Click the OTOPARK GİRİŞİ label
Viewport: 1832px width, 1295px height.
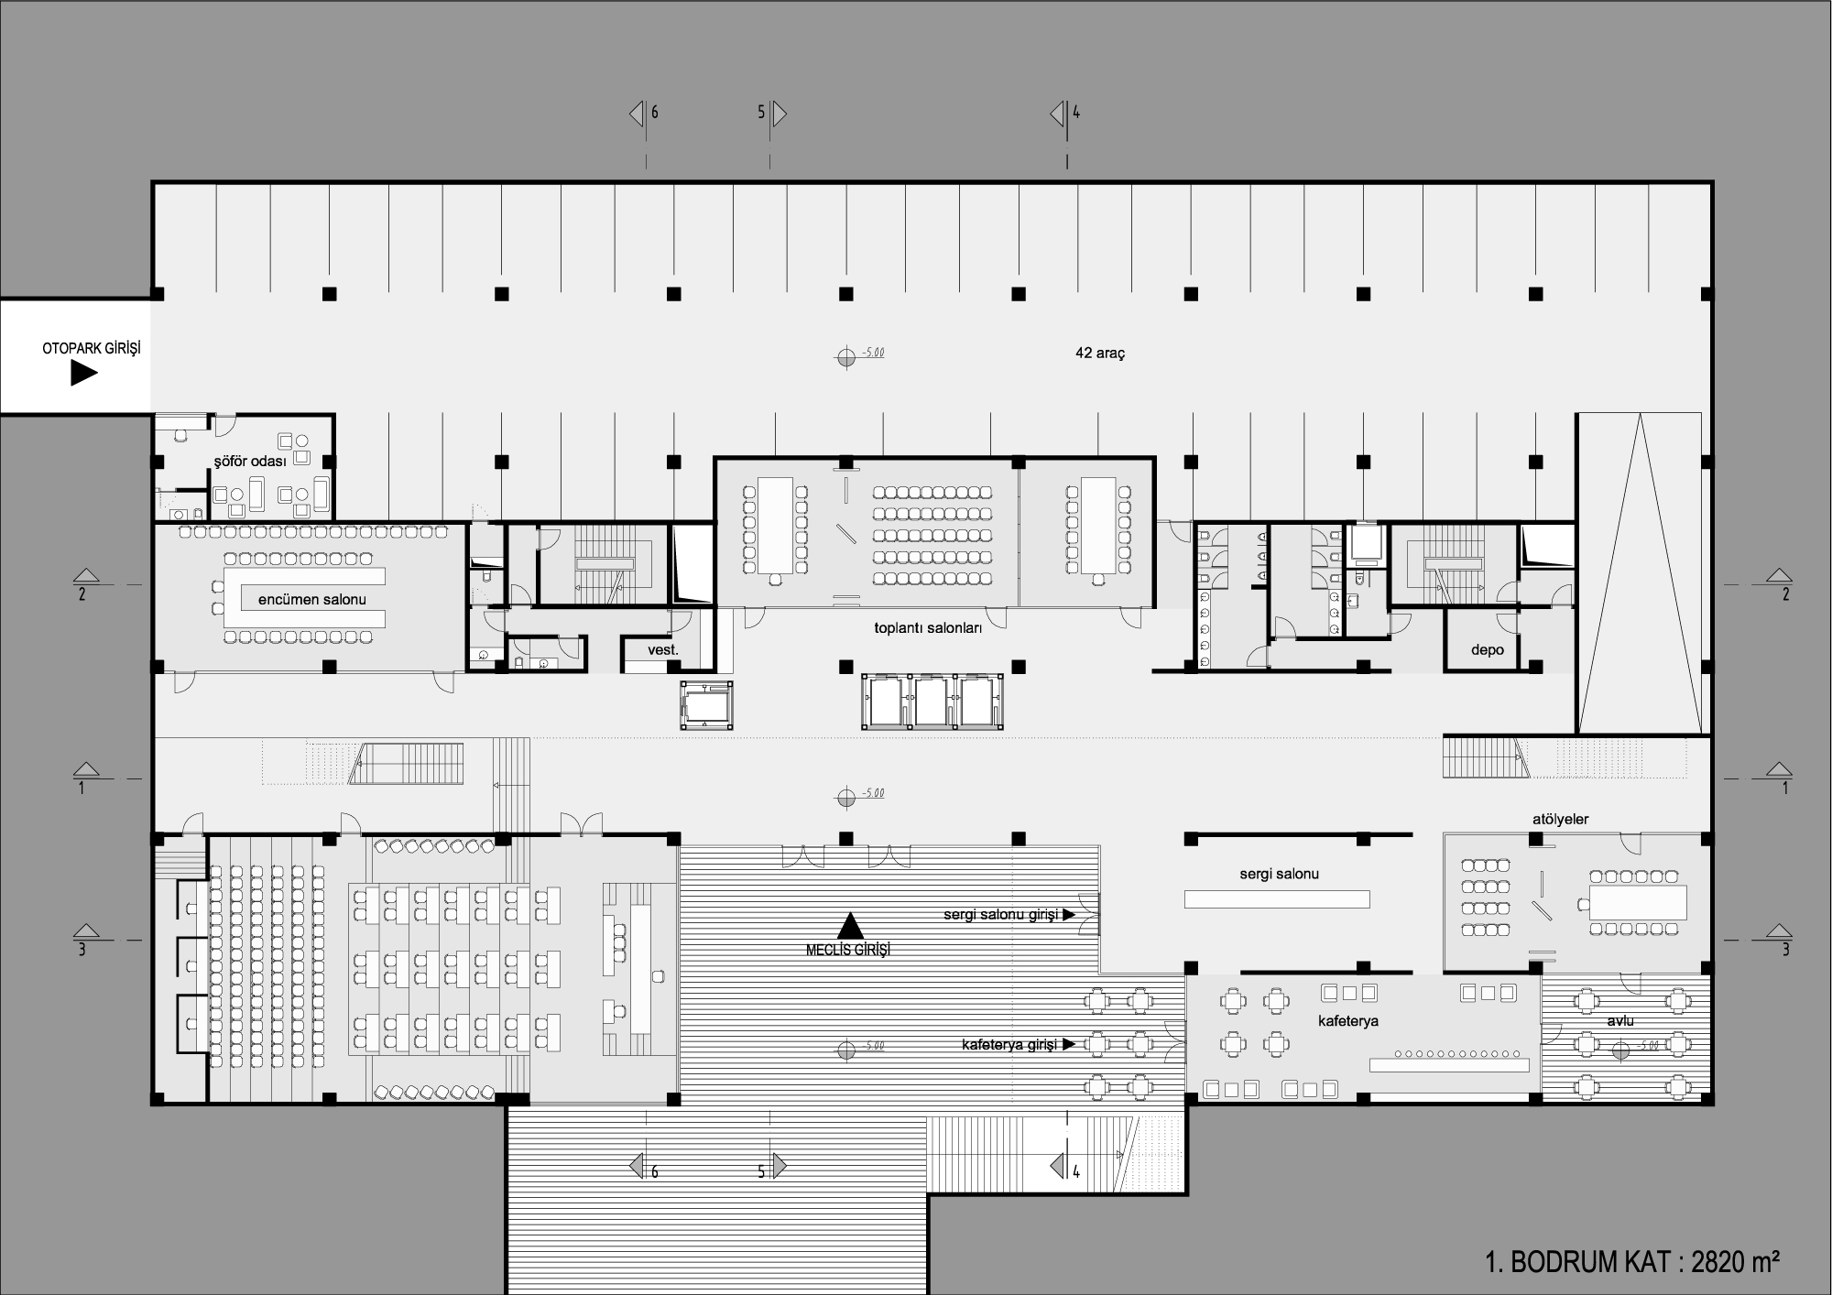92,349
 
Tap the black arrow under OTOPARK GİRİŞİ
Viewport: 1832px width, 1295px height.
84,374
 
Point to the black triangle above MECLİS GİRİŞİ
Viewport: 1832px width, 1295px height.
850,925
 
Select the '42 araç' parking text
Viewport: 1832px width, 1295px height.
1100,353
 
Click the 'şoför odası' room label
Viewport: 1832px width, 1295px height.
250,461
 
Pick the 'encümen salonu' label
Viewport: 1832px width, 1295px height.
312,599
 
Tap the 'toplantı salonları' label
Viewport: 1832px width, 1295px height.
928,628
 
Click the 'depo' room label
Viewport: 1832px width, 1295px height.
1488,649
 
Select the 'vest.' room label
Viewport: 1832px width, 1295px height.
663,650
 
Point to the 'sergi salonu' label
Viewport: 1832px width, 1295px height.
1280,874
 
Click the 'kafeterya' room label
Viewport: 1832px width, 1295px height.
1348,1020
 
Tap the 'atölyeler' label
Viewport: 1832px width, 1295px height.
1561,820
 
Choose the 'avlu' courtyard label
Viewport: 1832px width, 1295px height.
1620,1020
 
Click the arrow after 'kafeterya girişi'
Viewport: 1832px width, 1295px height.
1068,1044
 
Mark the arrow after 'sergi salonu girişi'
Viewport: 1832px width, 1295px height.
1068,914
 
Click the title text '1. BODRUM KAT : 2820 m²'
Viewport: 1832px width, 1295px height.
1632,1261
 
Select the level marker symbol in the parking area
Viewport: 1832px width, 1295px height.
846,356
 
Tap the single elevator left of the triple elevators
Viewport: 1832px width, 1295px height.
706,705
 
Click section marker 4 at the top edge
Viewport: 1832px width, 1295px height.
1064,114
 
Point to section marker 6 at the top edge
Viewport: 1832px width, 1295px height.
643,114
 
